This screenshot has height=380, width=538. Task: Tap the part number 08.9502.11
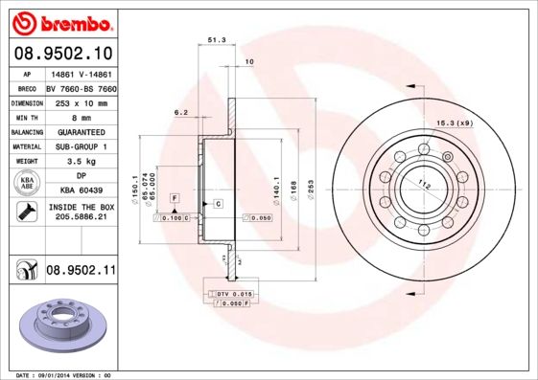(81, 271)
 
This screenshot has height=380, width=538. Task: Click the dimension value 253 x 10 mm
(81, 101)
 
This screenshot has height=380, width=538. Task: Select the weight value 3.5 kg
(81, 163)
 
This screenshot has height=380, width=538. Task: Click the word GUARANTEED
(81, 132)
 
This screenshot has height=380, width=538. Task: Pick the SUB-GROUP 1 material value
(81, 147)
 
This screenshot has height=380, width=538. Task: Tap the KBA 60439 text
(81, 191)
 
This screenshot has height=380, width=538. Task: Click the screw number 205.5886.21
(81, 218)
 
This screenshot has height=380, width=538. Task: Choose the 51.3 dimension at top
(216, 40)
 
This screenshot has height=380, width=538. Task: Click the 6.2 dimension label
(180, 112)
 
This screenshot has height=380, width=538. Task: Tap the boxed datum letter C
(218, 204)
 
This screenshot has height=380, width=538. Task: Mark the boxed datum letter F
(175, 197)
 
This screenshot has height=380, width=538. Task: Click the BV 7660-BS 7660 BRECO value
(81, 86)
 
